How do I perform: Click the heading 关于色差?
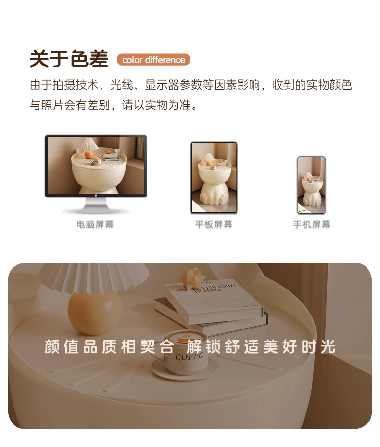point(69,59)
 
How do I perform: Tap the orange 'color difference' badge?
point(153,60)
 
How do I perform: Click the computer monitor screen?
point(96,165)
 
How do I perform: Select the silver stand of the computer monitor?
point(96,206)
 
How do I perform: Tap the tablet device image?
point(214,177)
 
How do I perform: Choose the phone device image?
point(311,185)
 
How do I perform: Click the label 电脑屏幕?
point(95,224)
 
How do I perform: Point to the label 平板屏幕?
point(214,224)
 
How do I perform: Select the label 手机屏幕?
point(312,224)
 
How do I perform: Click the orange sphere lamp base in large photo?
point(95,313)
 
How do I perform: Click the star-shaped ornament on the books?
point(192,276)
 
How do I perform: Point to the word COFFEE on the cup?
point(189,356)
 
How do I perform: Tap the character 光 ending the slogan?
point(328,346)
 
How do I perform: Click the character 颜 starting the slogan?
point(52,346)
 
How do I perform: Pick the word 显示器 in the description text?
point(162,85)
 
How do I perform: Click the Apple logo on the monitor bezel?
point(96,196)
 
